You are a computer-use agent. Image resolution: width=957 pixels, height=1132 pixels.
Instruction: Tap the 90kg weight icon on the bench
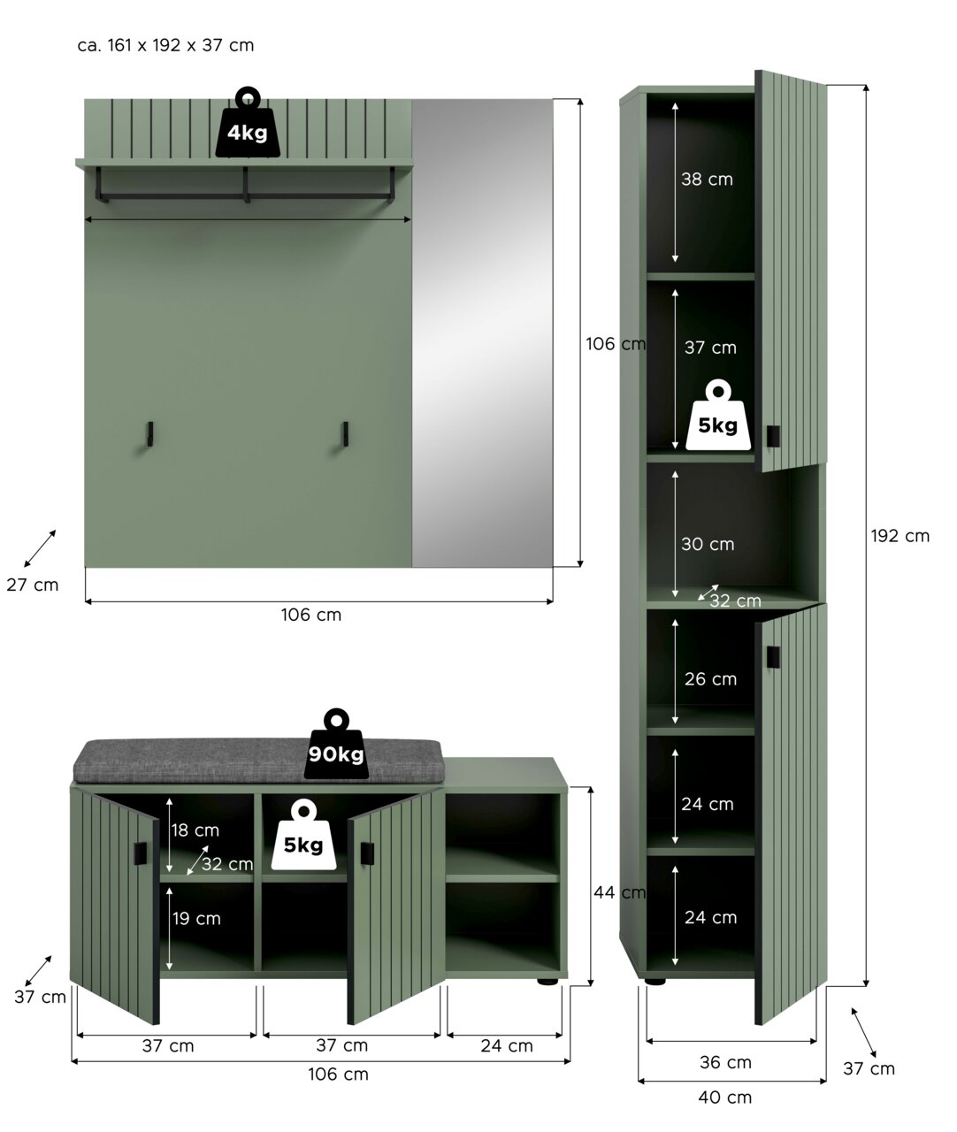[x=336, y=744]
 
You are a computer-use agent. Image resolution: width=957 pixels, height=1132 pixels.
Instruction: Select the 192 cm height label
[x=900, y=536]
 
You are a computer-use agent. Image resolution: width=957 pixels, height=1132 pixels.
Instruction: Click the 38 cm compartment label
[x=707, y=179]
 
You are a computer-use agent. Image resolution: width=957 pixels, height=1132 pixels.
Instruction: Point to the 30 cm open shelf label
[x=708, y=544]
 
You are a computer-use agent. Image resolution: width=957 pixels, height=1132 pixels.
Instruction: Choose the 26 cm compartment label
[x=710, y=679]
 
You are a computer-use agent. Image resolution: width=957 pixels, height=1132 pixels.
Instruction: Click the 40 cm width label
[x=724, y=1097]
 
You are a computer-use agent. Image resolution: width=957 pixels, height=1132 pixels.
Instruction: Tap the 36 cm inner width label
[x=725, y=1062]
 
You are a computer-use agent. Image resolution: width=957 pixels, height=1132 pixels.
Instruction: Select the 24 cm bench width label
[x=507, y=1045]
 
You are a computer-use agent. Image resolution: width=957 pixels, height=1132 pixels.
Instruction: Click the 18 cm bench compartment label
[x=195, y=830]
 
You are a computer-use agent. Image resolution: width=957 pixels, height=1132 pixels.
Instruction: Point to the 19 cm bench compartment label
[x=196, y=918]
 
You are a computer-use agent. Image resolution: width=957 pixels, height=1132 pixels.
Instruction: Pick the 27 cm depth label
[x=33, y=585]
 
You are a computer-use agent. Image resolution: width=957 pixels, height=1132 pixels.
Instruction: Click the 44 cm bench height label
[x=619, y=892]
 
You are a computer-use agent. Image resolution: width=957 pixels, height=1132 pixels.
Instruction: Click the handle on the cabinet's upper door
[x=773, y=436]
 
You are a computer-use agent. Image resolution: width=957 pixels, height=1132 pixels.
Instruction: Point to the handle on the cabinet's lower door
[x=773, y=657]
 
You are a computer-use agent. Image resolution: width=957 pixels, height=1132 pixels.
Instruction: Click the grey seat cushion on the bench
[x=257, y=761]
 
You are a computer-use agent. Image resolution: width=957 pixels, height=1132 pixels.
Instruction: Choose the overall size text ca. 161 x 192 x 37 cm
[x=165, y=45]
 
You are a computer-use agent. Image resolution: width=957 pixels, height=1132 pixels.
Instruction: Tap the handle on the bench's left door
[x=141, y=853]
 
